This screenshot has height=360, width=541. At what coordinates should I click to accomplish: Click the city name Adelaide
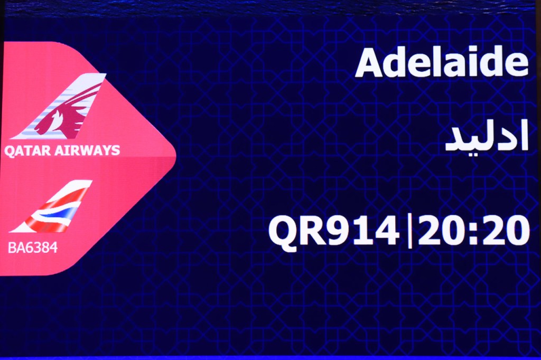[x=442, y=63]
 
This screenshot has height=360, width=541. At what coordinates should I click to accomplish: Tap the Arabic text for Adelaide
[x=487, y=137]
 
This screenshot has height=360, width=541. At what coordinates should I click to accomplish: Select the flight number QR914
[x=334, y=230]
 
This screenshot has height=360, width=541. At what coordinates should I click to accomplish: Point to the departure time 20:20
[x=473, y=230]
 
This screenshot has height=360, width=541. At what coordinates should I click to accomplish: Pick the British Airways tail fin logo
[x=51, y=206]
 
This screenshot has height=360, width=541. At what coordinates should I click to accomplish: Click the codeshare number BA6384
[x=33, y=248]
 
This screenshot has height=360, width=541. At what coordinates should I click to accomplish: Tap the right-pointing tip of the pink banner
[x=175, y=156]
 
